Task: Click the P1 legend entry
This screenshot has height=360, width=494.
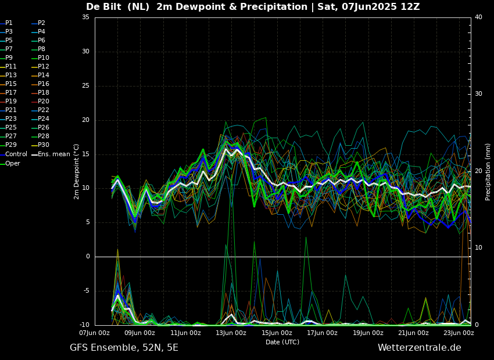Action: [x=9, y=23]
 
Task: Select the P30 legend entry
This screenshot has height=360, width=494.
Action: [x=44, y=145]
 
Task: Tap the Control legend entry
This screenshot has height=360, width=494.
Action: [x=16, y=154]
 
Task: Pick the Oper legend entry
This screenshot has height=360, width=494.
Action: [x=13, y=164]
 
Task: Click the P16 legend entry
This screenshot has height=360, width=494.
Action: [x=44, y=84]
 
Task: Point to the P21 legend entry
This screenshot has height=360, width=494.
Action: [x=11, y=110]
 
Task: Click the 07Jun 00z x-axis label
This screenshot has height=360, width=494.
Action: [x=94, y=333]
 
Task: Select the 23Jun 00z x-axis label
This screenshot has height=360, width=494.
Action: [x=459, y=333]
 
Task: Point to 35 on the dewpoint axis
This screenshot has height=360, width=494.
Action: [x=85, y=17]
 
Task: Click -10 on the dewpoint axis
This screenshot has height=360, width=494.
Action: [x=84, y=325]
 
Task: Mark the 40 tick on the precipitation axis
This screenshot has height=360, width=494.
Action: [x=478, y=17]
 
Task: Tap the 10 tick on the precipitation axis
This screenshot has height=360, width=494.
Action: [x=478, y=248]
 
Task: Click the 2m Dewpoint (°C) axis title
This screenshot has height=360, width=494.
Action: [x=77, y=171]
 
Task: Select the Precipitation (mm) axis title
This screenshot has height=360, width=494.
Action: [x=488, y=172]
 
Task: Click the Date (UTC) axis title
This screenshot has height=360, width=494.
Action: [x=282, y=343]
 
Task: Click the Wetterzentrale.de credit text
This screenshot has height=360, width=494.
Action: [x=419, y=348]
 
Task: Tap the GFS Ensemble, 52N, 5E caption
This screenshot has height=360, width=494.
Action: [x=124, y=348]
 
